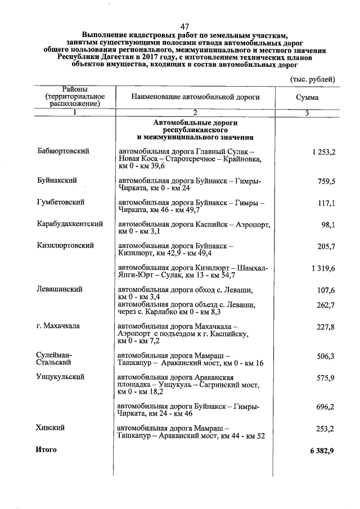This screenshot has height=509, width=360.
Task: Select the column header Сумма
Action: point(307,97)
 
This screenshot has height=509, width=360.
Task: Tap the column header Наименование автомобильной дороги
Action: point(195,97)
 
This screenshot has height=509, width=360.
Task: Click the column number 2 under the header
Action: point(195,113)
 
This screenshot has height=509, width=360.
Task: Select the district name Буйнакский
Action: point(57,181)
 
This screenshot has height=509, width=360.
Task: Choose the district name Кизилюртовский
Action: point(65,246)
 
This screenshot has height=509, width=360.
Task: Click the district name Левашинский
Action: point(59,289)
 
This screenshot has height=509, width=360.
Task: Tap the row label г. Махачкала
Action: point(58,326)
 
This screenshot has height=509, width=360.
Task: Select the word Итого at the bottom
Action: point(46,449)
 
